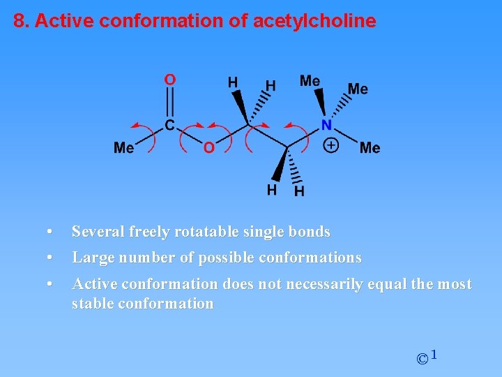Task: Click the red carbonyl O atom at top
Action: [170, 80]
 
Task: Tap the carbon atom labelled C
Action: [170, 126]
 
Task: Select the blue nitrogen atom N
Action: [326, 126]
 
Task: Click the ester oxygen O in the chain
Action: [208, 147]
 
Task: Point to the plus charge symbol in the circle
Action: [332, 146]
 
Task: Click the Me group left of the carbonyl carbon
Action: [124, 147]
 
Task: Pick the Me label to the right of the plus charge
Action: [370, 147]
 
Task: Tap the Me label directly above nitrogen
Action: [310, 81]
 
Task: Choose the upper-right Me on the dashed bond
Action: [358, 89]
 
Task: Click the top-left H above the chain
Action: [233, 82]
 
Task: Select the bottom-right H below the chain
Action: [298, 191]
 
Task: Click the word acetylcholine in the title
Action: [314, 21]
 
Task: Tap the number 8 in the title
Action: [19, 21]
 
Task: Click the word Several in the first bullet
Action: [97, 231]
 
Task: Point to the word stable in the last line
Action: [93, 304]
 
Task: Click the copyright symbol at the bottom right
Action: [422, 360]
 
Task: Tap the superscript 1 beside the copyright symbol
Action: [434, 356]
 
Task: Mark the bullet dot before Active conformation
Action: [49, 284]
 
